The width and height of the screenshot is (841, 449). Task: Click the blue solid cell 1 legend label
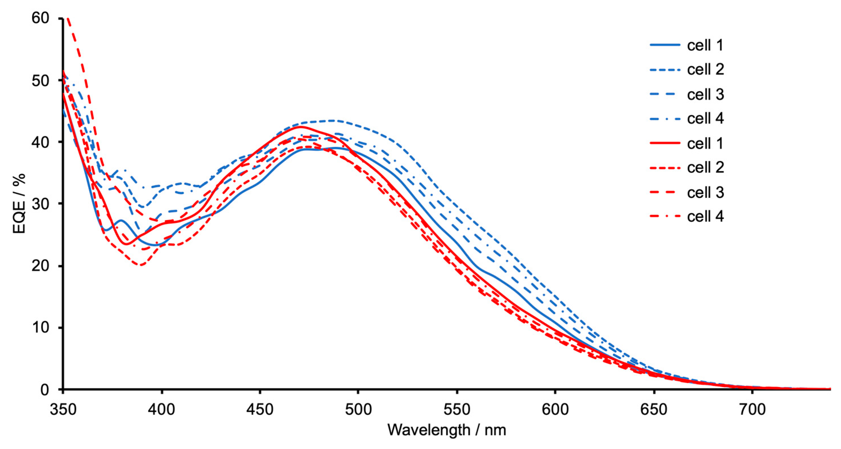[705, 45]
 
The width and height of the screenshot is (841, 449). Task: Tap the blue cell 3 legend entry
[706, 94]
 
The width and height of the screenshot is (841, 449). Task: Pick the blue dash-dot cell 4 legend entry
[706, 118]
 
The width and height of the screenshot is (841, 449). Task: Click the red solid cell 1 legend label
[705, 143]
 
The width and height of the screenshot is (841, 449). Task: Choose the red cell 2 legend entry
[706, 168]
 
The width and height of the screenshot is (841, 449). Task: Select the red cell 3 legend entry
[706, 192]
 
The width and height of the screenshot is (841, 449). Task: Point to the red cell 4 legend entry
[706, 216]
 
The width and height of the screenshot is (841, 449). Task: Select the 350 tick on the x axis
[63, 409]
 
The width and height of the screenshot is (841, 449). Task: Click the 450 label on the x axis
[260, 409]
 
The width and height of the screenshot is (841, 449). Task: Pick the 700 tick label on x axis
[752, 409]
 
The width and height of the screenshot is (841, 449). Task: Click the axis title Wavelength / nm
[447, 430]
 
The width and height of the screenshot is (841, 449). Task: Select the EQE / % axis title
[20, 204]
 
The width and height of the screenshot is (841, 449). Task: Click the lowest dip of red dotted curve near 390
[141, 265]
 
